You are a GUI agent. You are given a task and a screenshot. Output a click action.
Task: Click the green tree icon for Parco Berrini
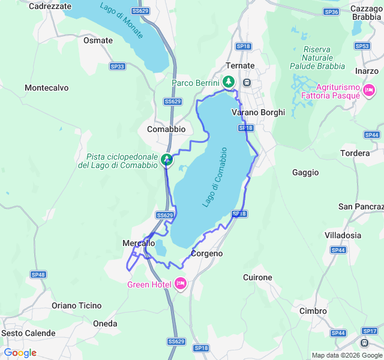pos(228,82)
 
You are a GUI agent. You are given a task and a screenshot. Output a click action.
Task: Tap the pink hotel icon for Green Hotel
pos(181,284)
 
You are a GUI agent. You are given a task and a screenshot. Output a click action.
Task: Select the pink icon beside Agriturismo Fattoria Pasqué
pos(368,91)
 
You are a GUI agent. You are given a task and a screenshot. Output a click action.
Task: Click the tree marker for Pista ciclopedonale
pos(167,160)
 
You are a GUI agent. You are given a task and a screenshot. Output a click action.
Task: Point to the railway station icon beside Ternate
pos(247,82)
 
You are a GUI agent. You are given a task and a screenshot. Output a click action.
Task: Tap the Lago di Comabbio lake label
pos(215,177)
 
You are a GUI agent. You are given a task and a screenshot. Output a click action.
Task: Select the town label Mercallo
pos(139,243)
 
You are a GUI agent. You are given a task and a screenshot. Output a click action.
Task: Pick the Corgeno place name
pos(206,254)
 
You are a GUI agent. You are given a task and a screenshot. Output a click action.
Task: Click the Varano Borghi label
pos(258,112)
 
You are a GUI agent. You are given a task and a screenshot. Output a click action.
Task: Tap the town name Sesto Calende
pos(28,333)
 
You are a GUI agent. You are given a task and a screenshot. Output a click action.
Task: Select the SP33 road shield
pos(118,67)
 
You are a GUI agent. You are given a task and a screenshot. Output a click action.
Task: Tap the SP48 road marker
pos(38,274)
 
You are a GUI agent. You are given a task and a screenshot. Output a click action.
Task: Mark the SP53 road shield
pos(362,46)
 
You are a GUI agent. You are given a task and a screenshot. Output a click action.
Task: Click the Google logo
pos(20,353)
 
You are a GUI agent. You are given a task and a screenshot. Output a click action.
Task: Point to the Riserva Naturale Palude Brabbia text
pos(324,58)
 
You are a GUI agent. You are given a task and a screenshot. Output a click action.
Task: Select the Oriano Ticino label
pos(77,305)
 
